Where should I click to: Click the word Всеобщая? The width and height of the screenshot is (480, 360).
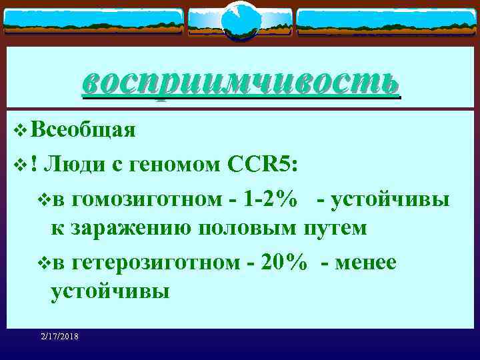point(83,129)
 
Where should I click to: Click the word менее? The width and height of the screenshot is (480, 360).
point(368,263)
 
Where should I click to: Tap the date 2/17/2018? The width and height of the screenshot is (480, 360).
point(59,337)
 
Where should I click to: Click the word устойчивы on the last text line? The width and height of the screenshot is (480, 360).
point(110,291)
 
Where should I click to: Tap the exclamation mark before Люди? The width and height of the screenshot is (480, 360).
point(33,163)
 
